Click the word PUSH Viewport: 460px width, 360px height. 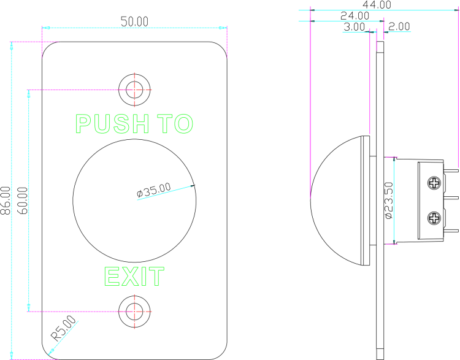pos(112,124)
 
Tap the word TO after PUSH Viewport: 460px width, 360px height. pos(175,124)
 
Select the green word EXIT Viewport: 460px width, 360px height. pos(134,277)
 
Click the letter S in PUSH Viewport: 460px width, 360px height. pos(121,124)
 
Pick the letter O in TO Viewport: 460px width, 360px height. pos(184,124)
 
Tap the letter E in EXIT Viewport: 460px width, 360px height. pos(112,277)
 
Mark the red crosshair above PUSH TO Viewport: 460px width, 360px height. pos(134,90)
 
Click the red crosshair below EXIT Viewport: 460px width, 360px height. pos(134,312)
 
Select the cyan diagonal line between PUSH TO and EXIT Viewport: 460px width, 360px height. pos(164,193)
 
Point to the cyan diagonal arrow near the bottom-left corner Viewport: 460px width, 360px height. pos(63,338)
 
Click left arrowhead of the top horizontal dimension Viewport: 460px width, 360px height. pos(45,28)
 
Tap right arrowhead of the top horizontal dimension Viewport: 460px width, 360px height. pos(224,28)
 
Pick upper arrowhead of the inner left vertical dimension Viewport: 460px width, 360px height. pos(29,93)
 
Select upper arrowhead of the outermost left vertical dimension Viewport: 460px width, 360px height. pos(12,45)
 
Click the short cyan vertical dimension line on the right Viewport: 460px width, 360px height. pos(394,201)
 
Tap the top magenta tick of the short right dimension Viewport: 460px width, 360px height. pos(392,158)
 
